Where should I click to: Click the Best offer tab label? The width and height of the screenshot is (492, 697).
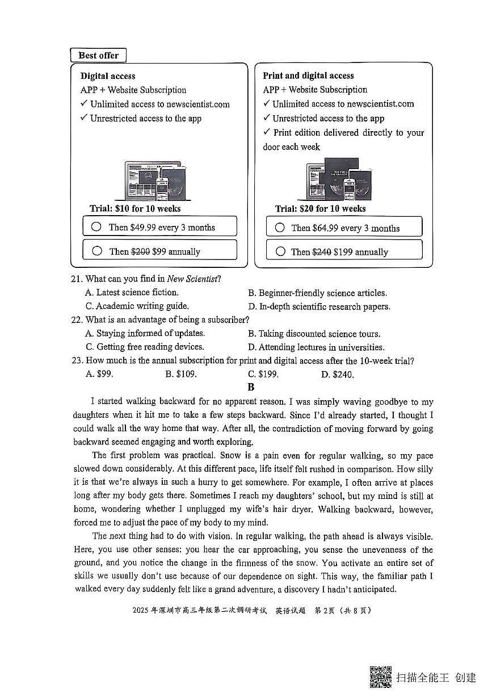point(98,55)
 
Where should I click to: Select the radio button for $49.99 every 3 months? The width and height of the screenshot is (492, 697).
point(96,226)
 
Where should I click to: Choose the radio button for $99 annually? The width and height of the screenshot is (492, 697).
point(97,251)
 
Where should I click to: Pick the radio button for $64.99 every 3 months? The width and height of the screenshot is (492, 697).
point(280,227)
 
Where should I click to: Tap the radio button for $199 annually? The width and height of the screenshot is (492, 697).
point(280,251)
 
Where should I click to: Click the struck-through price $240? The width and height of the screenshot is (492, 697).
point(322,252)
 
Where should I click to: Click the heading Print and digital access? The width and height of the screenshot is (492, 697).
point(308,75)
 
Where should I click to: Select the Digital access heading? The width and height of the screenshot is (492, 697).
point(108,76)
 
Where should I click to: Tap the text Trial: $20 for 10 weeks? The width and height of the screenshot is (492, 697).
point(321,209)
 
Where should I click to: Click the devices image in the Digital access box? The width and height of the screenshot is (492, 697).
point(154,181)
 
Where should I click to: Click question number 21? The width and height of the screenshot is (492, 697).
point(77,279)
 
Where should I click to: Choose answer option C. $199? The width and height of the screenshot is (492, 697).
point(263,375)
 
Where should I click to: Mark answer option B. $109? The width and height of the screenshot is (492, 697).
point(180,375)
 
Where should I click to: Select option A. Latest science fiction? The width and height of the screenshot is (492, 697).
point(132,293)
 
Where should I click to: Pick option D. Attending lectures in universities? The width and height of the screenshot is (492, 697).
point(316,347)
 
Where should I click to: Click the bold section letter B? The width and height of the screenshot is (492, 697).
point(251,388)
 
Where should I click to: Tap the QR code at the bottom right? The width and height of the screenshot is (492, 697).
point(381,677)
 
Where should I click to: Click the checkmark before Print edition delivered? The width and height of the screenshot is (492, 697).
point(266,132)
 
